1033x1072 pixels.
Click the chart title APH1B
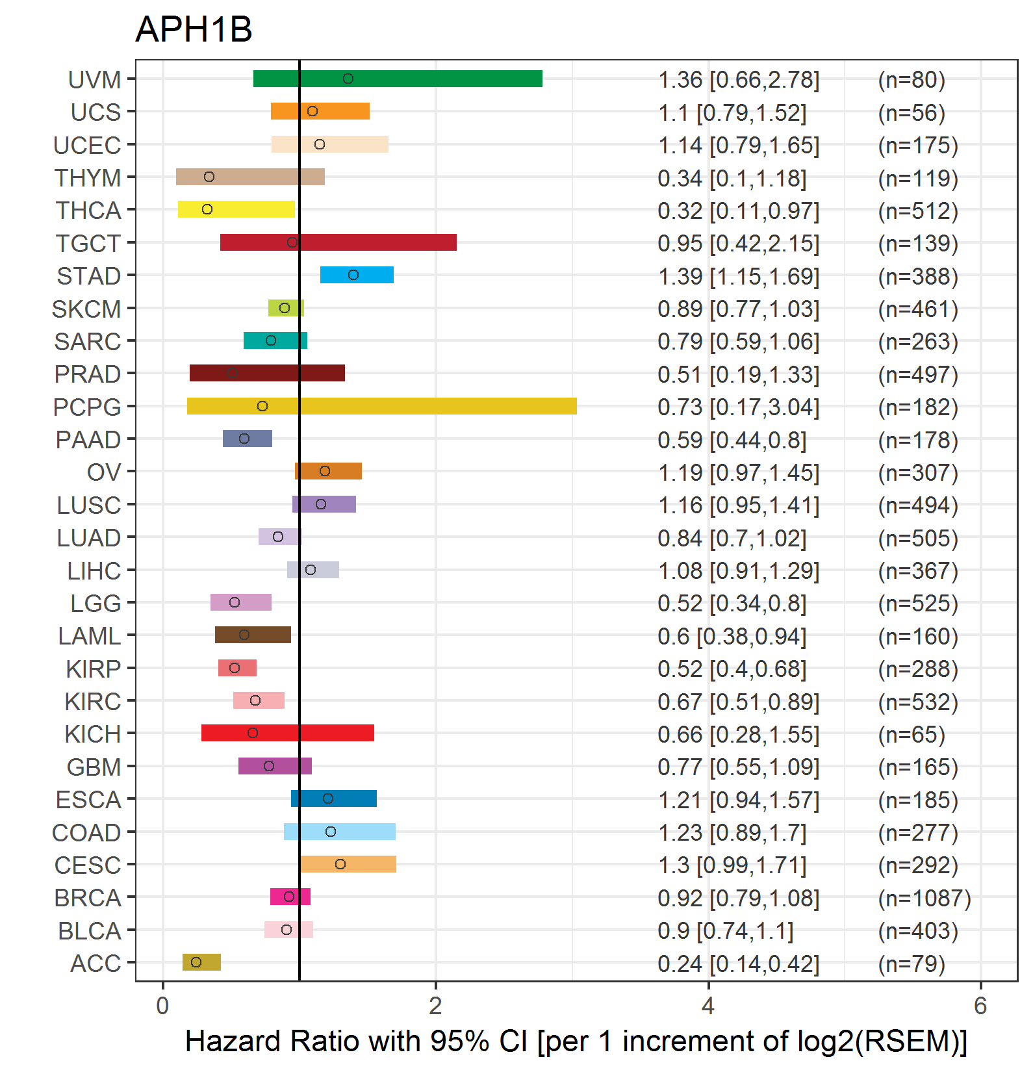pos(194,30)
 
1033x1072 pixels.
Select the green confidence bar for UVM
pos(397,79)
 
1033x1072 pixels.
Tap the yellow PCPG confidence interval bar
pos(381,406)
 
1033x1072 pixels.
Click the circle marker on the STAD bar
pos(353,275)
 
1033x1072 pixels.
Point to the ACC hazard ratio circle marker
pos(196,962)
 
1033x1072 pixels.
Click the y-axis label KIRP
pos(93,669)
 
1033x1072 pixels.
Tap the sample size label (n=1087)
pos(924,898)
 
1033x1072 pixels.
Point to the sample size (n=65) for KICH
pos(911,734)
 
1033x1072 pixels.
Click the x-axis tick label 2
pos(435,1006)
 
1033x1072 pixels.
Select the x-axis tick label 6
pos(980,1006)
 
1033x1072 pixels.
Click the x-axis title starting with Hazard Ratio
pos(576,1041)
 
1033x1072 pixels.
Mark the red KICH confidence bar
pos(287,733)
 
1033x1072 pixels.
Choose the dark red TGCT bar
pos(338,242)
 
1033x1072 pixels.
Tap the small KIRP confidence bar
pos(237,668)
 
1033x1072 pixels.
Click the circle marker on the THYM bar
pos(209,177)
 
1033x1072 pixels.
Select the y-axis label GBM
pos(94,767)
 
